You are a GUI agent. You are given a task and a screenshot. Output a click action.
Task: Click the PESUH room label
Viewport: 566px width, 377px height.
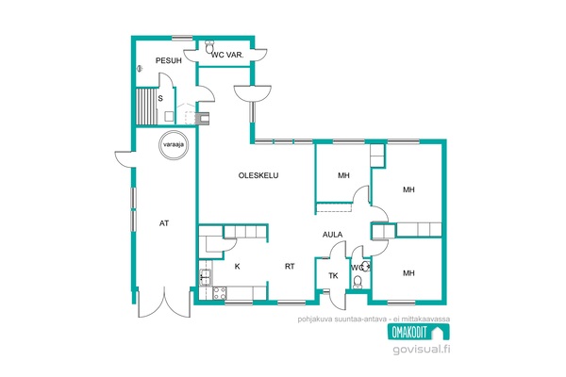coord(169,60)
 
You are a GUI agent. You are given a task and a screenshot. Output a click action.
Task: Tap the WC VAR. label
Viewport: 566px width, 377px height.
coord(227,56)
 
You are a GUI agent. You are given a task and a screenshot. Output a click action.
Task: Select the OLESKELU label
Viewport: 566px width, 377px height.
coord(258,175)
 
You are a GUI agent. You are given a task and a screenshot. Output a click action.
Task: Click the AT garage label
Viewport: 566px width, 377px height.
coord(164,223)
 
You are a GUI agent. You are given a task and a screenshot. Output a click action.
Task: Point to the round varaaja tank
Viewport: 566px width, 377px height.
coord(174,144)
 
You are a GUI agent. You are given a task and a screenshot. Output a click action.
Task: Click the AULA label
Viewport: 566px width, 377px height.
coord(332,235)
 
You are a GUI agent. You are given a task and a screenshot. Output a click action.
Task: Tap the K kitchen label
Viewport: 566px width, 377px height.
coord(237,267)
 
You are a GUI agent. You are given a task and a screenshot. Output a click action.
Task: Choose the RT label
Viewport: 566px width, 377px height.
coord(290,267)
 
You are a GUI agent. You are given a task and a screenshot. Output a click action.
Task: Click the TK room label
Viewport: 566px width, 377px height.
coord(333,276)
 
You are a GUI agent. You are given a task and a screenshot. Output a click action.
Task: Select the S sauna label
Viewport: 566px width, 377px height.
coord(160,98)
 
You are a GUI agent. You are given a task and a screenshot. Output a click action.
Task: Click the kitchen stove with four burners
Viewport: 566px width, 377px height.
coord(220,293)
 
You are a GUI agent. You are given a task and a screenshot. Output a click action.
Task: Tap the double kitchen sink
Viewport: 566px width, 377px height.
coord(206,278)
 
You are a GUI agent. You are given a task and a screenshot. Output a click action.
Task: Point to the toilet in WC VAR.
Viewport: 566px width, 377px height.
coord(209,47)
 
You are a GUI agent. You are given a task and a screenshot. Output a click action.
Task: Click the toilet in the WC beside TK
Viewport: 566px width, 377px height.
coord(358,282)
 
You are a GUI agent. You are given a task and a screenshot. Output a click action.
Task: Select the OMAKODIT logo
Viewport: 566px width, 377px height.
coord(419,332)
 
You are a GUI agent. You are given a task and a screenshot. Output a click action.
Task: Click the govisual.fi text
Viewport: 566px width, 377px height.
coord(422,350)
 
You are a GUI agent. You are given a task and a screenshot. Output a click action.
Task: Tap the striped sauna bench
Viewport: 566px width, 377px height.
coord(146,107)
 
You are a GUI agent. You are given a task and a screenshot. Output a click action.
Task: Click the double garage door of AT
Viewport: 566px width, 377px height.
coord(164,303)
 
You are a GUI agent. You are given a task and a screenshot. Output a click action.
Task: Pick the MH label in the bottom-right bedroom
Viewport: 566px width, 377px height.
coord(408,273)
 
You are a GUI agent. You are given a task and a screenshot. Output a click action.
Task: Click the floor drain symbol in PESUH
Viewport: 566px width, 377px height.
coord(140,68)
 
